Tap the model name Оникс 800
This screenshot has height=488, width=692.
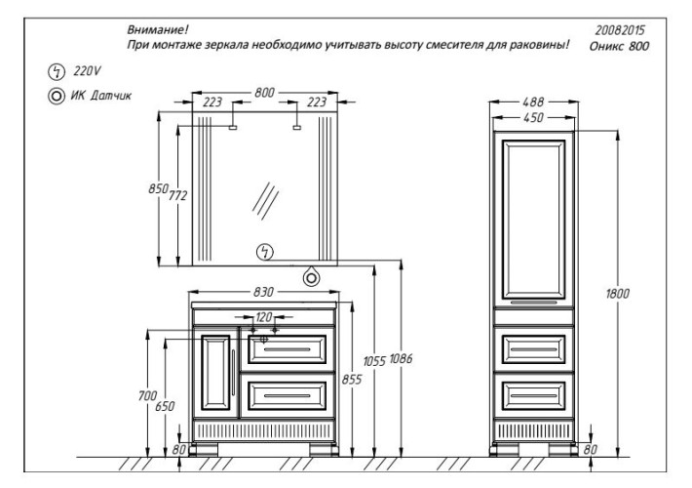click(x=622, y=46)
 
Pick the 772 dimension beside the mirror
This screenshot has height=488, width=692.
click(x=177, y=195)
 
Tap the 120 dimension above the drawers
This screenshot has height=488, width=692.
click(x=264, y=317)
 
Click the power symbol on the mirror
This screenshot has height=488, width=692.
click(x=263, y=252)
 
